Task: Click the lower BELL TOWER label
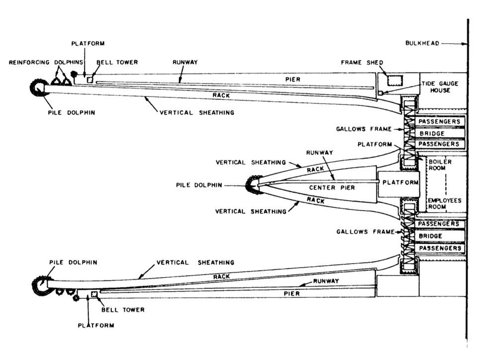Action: tap(123, 310)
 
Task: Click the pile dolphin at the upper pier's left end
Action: tap(39, 88)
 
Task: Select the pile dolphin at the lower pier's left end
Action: tap(40, 285)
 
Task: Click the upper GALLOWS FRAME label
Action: tap(362, 129)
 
